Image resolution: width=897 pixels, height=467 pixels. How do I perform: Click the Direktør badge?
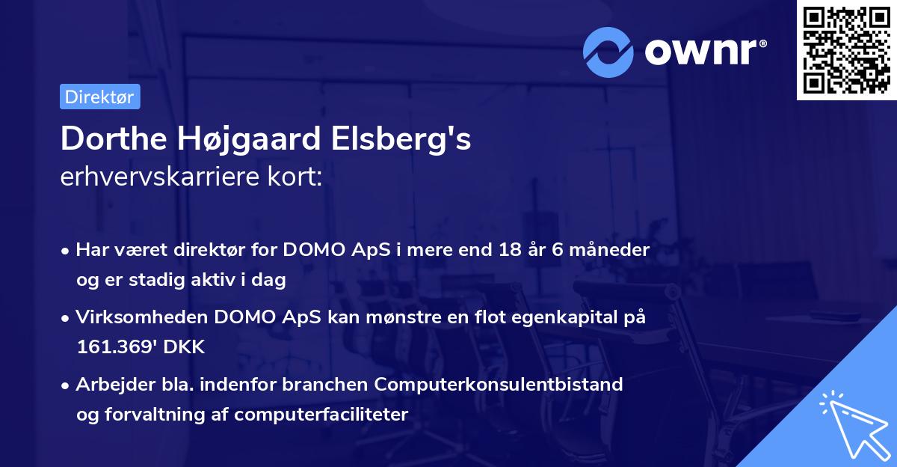(99, 97)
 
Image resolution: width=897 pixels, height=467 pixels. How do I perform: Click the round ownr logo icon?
(608, 52)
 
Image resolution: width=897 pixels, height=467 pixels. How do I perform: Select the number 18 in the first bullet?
(509, 249)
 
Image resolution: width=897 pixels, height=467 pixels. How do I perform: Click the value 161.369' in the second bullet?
(114, 347)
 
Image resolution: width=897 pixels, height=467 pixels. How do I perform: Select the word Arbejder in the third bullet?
(108, 385)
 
